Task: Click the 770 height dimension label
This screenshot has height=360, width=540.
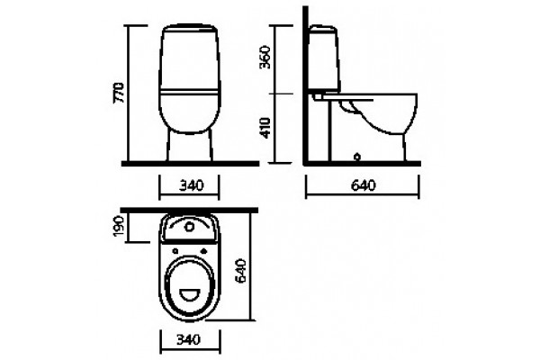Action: click(119, 93)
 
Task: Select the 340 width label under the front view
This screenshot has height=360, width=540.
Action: click(191, 185)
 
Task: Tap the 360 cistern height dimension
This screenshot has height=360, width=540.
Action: click(265, 57)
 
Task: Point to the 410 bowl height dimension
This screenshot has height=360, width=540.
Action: click(265, 128)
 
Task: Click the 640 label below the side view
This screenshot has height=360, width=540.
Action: click(363, 185)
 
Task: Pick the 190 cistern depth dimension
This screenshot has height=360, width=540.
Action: click(119, 226)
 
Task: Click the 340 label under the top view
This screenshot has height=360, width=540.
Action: click(188, 340)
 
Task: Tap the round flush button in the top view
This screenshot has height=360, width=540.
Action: click(189, 227)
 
